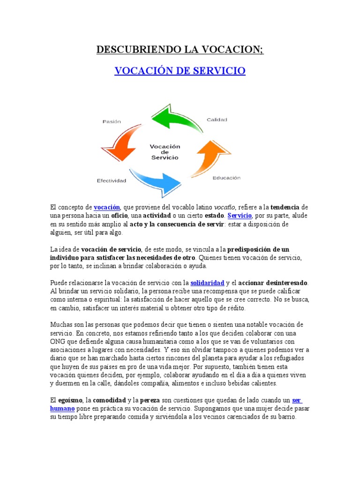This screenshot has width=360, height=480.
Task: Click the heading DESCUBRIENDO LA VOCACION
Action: point(180,50)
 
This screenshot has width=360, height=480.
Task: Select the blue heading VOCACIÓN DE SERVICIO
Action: point(180,71)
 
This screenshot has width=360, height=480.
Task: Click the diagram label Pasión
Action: point(112,121)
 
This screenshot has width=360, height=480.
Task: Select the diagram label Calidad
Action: point(217,120)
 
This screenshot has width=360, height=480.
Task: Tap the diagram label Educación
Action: point(226,178)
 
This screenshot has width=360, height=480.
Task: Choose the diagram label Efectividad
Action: point(112,180)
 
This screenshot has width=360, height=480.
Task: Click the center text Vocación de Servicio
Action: point(165,152)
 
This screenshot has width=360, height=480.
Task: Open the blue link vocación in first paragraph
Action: point(107,207)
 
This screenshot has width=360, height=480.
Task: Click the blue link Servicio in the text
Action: point(240,216)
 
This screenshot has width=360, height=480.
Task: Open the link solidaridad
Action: point(207,283)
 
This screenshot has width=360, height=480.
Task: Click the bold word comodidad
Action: point(109,400)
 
